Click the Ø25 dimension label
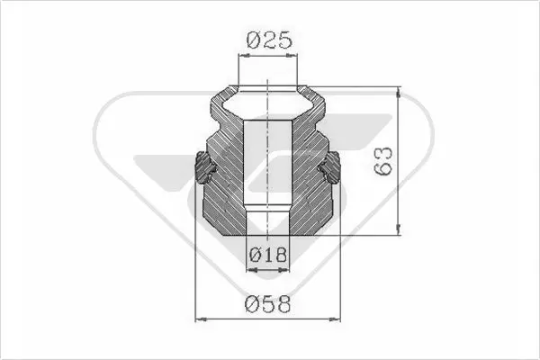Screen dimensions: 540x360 coord(269,40)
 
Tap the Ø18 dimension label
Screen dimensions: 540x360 coord(267,255)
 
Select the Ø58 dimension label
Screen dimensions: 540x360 coord(268,304)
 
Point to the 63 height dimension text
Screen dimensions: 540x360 coord(383,161)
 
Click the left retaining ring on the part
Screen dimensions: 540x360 coord(203,167)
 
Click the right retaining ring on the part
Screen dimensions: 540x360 coord(330,167)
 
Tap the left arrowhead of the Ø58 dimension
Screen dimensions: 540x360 coord(201,319)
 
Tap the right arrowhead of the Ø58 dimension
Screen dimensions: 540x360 coord(335,319)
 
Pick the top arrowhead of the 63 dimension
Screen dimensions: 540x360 coord(399,92)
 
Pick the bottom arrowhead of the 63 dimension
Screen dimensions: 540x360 coord(399,229)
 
